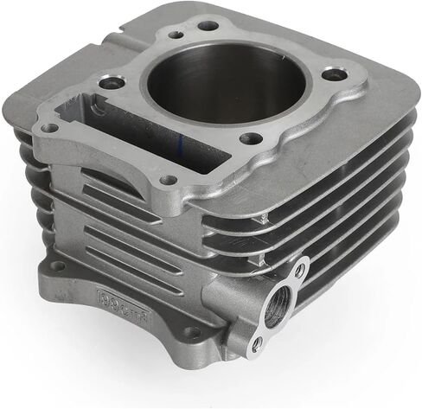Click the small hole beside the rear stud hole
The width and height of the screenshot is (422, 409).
pos(177,35)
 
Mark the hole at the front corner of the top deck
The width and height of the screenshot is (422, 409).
pos(169,180)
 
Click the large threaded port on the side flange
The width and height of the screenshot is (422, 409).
pos(274,306)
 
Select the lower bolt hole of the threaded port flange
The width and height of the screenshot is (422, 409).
pos(256,343)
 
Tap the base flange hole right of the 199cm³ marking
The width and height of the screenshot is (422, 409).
pos(192,330)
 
